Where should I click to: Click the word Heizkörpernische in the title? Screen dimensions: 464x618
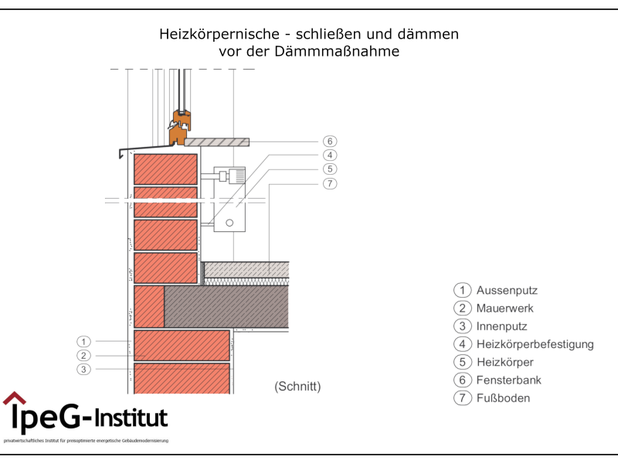tap(210, 34)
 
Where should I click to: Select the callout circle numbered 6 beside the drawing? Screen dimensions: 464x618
tap(330, 142)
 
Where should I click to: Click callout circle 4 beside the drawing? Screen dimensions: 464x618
tap(330, 155)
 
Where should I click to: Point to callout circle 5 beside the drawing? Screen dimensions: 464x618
tap(330, 169)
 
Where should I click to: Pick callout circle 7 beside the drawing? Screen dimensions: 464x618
tap(330, 183)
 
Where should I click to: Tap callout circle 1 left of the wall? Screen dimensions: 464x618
tap(84, 341)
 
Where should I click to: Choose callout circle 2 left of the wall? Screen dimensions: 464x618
tap(84, 355)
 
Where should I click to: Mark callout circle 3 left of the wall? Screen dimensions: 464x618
tap(84, 370)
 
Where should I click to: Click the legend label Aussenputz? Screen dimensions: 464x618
tap(507, 291)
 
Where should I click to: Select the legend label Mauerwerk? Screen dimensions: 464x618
tap(504, 309)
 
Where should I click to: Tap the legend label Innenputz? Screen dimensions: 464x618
tap(501, 326)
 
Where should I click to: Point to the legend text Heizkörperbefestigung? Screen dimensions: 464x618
tap(535, 344)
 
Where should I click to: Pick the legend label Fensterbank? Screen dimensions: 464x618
tap(508, 380)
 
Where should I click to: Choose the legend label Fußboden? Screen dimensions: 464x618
tap(503, 398)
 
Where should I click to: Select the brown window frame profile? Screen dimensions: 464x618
tap(180, 128)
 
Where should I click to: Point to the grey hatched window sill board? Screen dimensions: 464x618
tap(217, 142)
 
